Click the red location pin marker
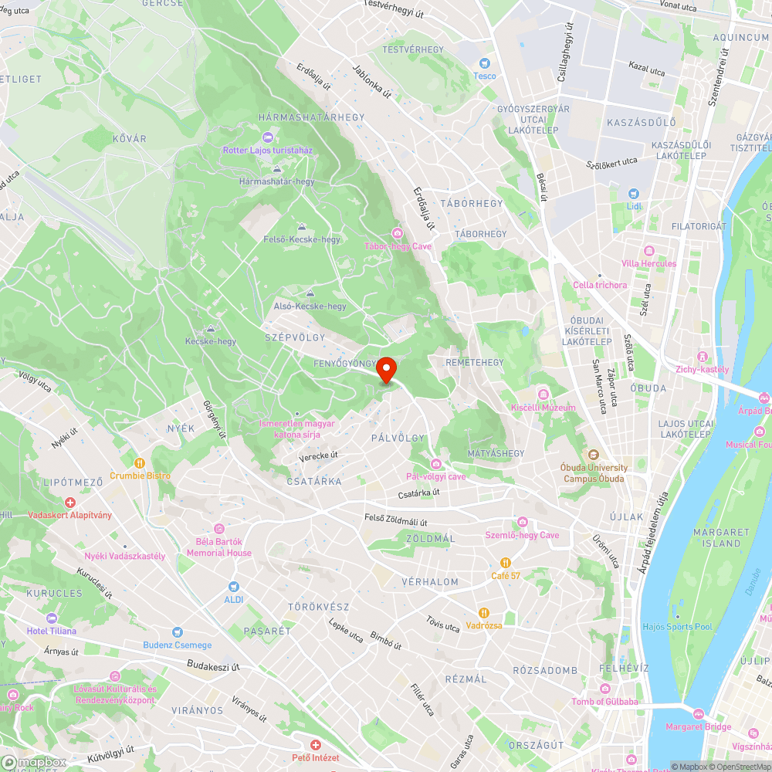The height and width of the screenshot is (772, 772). [386, 369]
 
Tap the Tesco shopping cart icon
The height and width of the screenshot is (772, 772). [485, 63]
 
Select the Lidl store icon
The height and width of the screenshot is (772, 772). [634, 194]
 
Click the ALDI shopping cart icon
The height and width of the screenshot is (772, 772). [233, 587]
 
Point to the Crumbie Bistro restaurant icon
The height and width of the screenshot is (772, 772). [140, 463]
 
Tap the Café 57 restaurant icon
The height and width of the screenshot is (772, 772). [506, 563]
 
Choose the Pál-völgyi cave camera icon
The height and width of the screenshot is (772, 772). [436, 463]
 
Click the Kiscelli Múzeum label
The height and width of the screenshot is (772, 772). [543, 407]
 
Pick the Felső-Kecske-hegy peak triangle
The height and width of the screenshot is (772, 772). [301, 227]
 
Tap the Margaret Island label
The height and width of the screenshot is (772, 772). [721, 537]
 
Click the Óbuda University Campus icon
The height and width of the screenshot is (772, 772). [594, 455]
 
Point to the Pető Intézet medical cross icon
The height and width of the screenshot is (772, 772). [315, 745]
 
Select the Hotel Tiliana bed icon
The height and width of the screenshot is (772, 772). [52, 618]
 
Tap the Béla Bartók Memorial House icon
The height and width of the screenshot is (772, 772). [218, 528]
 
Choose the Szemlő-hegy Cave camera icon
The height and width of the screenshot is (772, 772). [523, 523]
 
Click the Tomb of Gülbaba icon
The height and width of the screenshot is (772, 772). [605, 689]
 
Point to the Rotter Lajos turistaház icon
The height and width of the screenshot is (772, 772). [267, 137]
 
